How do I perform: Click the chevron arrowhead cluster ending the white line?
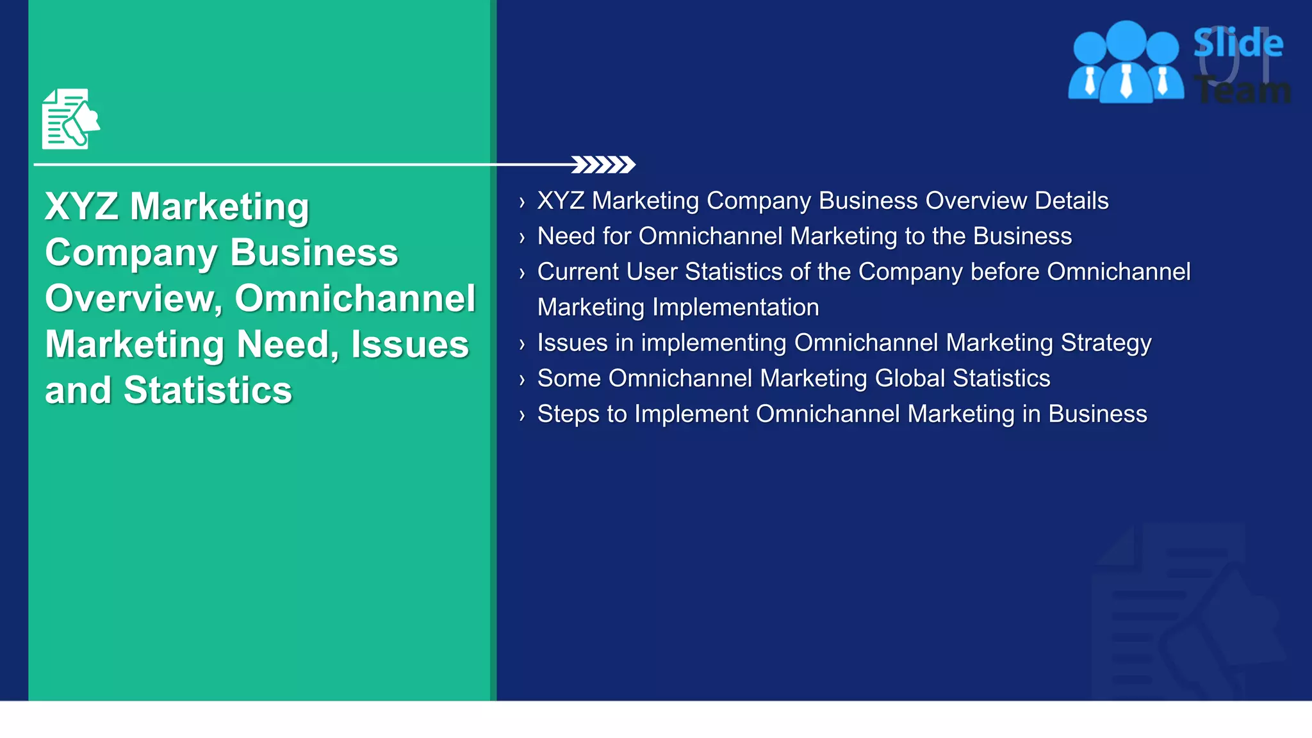pyautogui.click(x=603, y=165)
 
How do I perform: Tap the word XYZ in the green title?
pyautogui.click(x=81, y=206)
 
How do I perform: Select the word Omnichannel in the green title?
pyautogui.click(x=355, y=299)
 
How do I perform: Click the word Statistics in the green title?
pyautogui.click(x=208, y=390)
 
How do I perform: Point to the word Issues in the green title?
pyautogui.click(x=409, y=345)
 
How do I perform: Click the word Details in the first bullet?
pyautogui.click(x=1071, y=201)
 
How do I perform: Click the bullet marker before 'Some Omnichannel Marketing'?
pyautogui.click(x=522, y=380)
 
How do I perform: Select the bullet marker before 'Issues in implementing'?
pyautogui.click(x=522, y=345)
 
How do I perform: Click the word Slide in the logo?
pyautogui.click(x=1238, y=44)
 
